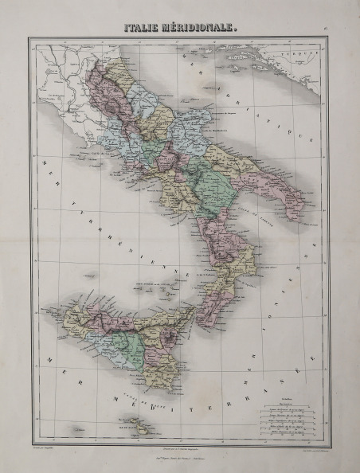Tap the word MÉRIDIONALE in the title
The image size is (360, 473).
coord(198,28)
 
